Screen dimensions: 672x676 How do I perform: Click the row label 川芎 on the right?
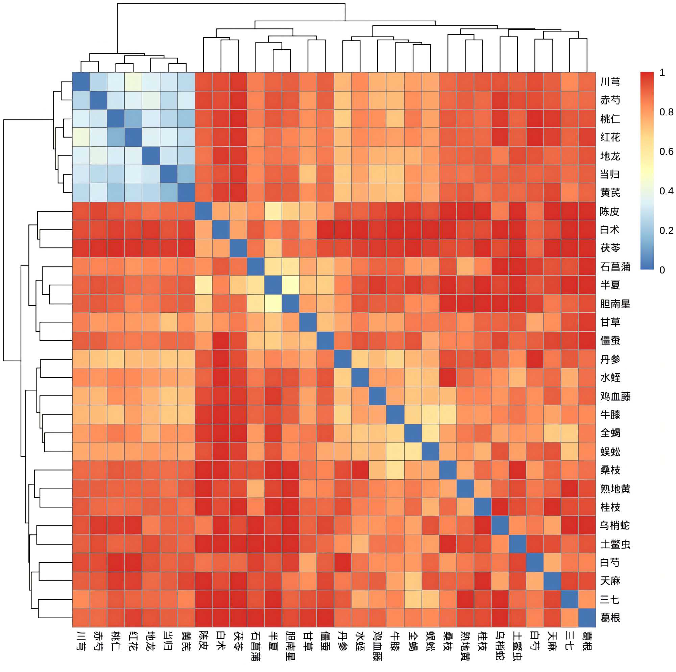point(610,82)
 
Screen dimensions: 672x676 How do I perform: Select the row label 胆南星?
point(615,304)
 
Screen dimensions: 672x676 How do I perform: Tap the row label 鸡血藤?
point(615,396)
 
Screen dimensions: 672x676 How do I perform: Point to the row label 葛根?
point(610,617)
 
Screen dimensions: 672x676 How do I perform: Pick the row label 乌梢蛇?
point(615,525)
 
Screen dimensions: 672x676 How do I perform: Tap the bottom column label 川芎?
point(81,641)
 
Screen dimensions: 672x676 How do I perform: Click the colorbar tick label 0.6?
point(666,151)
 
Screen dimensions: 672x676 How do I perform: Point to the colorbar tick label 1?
point(662,72)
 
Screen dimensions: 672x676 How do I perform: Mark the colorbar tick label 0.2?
point(666,231)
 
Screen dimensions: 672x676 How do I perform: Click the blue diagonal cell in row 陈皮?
point(203,211)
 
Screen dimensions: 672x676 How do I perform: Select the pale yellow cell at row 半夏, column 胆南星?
point(290,285)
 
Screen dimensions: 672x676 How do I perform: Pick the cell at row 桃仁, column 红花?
point(133,119)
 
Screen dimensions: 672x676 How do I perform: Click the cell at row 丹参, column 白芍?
point(535,359)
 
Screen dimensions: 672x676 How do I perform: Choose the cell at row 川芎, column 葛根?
point(587,81)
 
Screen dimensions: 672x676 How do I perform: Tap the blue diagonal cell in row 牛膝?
point(395,414)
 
